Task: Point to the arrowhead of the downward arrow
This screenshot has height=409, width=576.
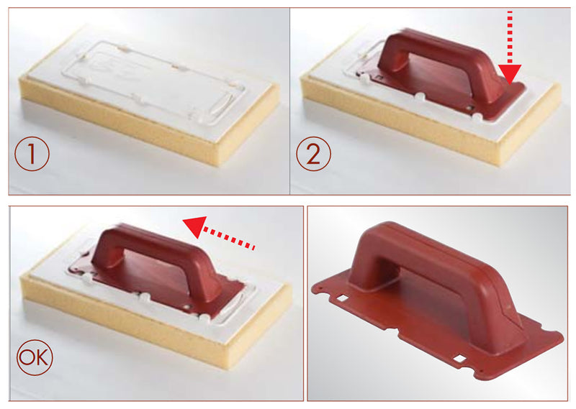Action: tap(510, 72)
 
